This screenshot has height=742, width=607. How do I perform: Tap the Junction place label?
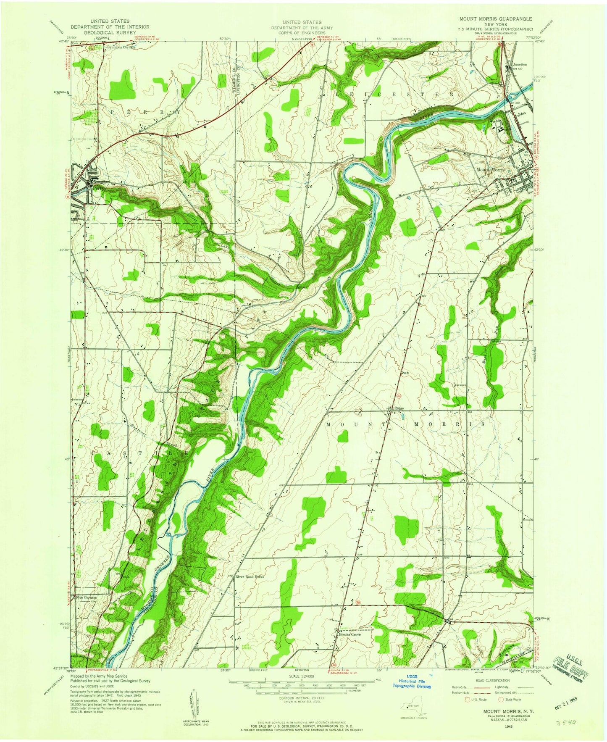(520, 64)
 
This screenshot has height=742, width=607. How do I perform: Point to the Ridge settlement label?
(399, 408)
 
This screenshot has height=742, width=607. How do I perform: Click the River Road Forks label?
(251, 577)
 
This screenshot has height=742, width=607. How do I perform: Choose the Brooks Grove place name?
(350, 634)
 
